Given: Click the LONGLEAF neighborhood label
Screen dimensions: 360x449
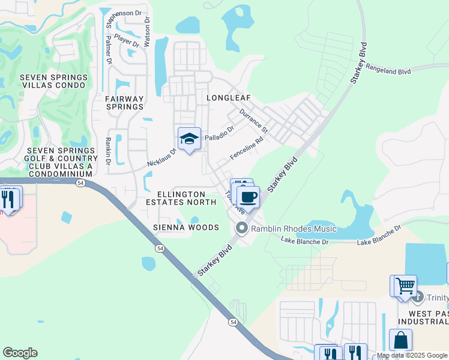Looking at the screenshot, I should point(228,97).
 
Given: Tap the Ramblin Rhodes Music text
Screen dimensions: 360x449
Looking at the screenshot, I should point(294,229).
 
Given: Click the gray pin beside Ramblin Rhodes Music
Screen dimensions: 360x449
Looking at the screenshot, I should point(242,228).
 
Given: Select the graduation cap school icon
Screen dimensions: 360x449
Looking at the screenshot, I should point(189,139).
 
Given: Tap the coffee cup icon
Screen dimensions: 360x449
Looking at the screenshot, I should point(247,196).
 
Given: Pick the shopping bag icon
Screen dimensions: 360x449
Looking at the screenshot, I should point(400,340).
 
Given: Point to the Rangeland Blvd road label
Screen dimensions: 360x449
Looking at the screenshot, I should point(388,70).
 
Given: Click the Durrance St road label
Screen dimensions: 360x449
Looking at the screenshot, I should point(253,120).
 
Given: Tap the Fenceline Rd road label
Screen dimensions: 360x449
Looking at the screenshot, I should point(247,149).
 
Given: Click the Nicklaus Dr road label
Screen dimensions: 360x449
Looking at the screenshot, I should point(160,157).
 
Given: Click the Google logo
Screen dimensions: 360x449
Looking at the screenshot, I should point(20,353).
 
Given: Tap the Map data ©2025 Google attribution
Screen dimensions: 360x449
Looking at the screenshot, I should point(412,355).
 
